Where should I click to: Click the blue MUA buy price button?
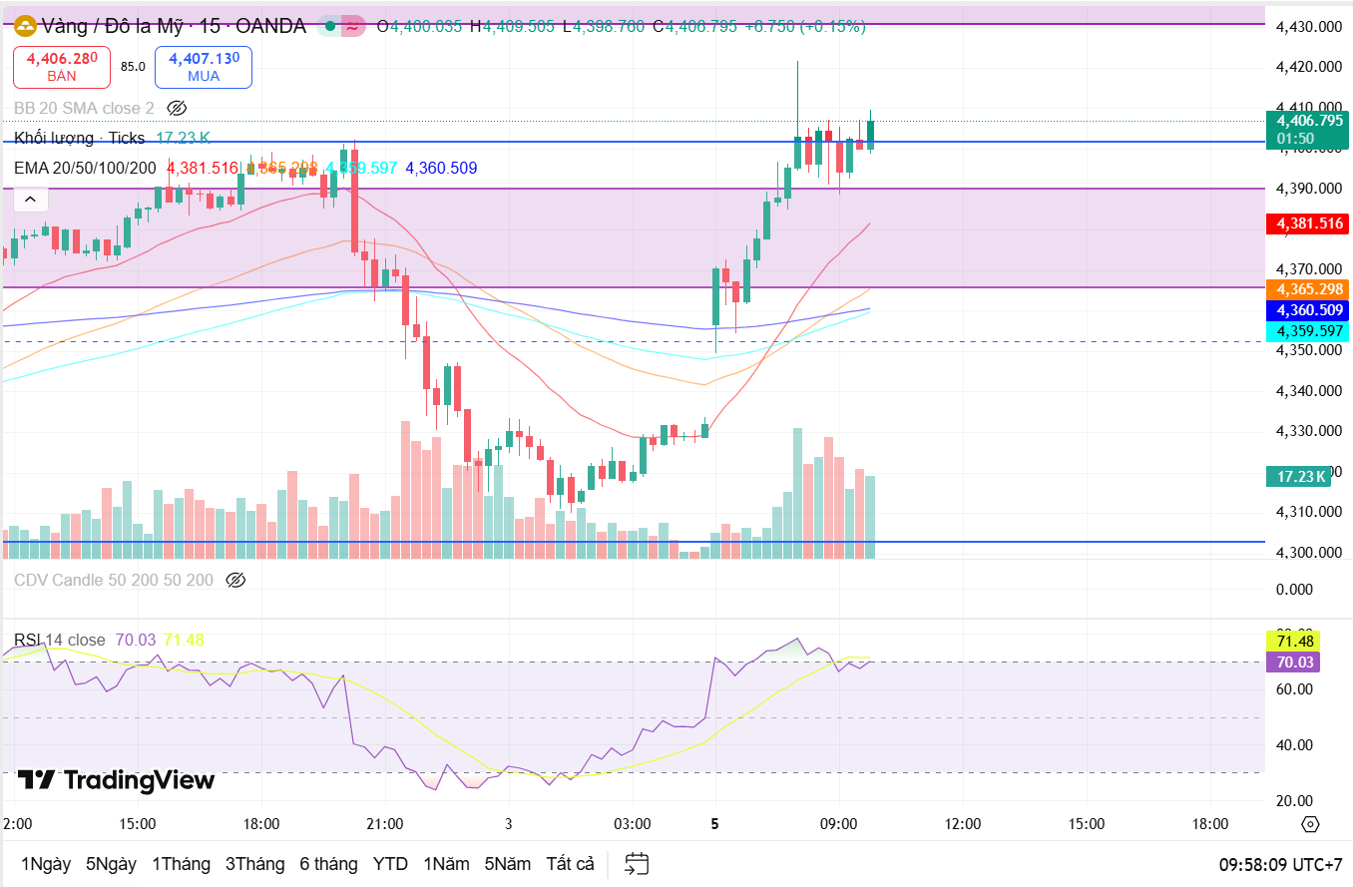click(204, 67)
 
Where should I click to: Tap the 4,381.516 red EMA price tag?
click(1306, 223)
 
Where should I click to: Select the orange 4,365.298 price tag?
click(1306, 288)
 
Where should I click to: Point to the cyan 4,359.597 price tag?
click(1306, 330)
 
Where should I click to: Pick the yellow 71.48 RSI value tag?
click(1292, 640)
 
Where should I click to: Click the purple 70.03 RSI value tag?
click(1292, 662)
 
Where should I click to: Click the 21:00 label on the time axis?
click(384, 824)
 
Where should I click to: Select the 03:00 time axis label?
click(633, 824)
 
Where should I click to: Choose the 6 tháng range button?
click(328, 863)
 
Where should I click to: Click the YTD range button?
click(390, 863)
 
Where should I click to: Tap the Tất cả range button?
click(570, 863)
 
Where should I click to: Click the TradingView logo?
click(116, 779)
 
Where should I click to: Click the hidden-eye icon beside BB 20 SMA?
click(177, 108)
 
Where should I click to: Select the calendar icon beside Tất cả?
click(637, 863)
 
